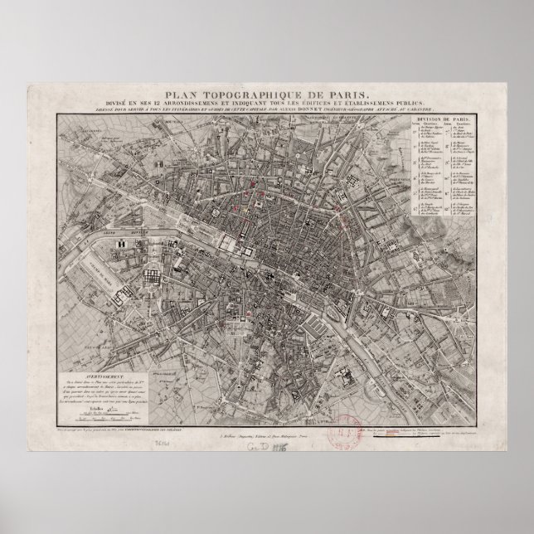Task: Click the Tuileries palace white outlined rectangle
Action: coord(226,243)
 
